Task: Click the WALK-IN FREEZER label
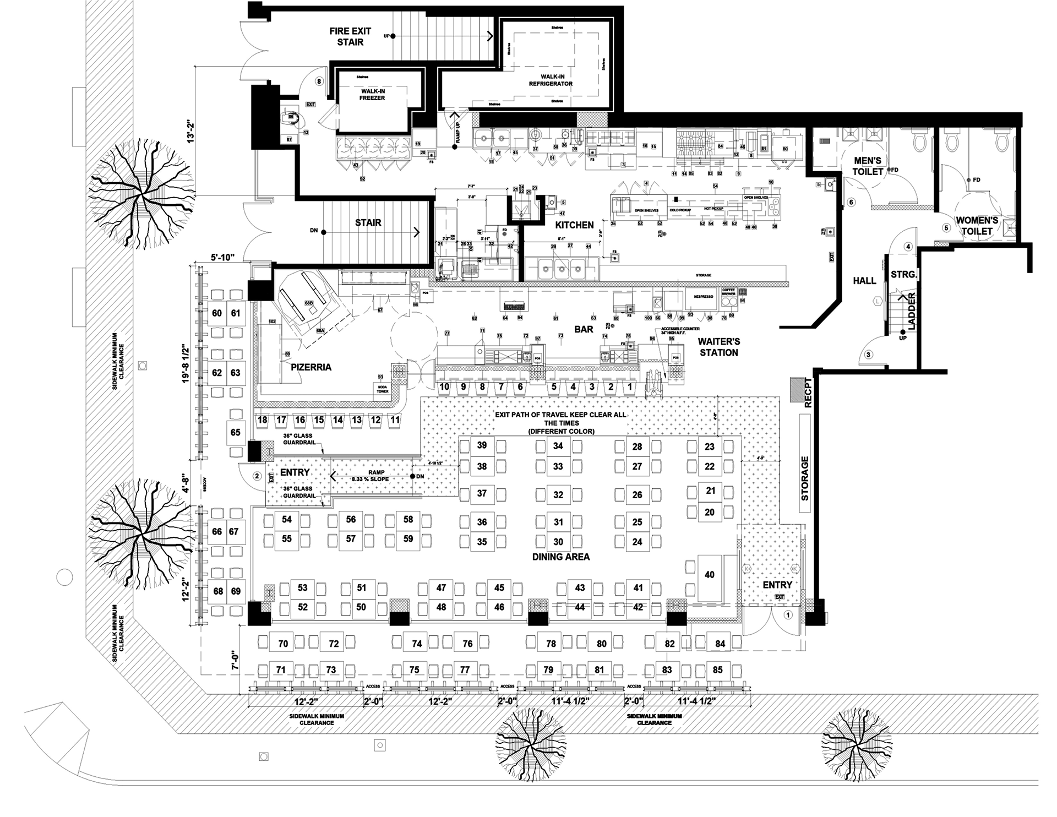[x=373, y=95]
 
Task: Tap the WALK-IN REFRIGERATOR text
[x=551, y=80]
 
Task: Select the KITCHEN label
[x=574, y=225]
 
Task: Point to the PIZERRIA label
[x=311, y=367]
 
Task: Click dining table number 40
[x=710, y=575]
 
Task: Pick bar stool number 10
[x=444, y=387]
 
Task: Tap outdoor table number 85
[x=717, y=670]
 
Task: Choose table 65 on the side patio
[x=236, y=433]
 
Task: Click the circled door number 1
[x=788, y=614]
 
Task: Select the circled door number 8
[x=319, y=81]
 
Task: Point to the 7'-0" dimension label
[x=235, y=658]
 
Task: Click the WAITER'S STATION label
[x=719, y=347]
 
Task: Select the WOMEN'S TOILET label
[x=977, y=226]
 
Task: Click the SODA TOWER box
[x=383, y=389]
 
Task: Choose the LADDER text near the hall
[x=912, y=312]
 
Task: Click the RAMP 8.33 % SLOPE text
[x=370, y=476]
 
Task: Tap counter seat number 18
[x=263, y=420]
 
